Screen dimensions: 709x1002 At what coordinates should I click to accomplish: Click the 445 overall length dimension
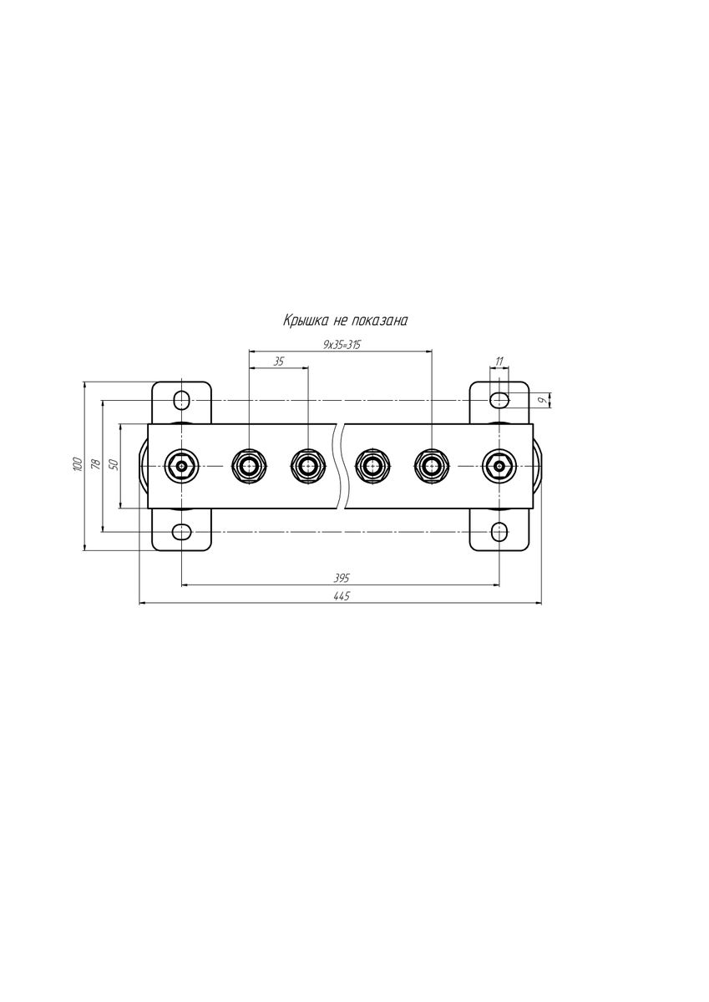point(342,596)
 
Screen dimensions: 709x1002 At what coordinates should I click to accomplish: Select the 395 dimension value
point(342,578)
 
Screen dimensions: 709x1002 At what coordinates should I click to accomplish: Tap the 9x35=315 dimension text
point(342,344)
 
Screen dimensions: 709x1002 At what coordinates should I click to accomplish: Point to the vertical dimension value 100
point(78,464)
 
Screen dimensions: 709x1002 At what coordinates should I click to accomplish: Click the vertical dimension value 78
point(95,465)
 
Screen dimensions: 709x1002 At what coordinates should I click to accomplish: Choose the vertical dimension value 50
point(114,464)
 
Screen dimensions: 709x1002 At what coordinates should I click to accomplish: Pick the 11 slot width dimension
point(499,361)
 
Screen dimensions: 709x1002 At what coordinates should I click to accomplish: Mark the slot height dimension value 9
point(542,400)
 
